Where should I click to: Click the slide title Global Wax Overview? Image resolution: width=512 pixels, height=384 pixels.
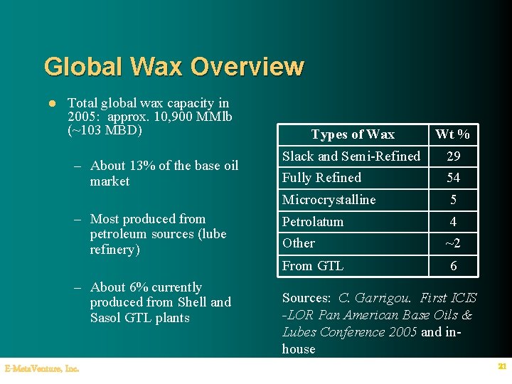point(174,67)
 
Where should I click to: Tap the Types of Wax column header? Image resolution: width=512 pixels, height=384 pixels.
point(353,134)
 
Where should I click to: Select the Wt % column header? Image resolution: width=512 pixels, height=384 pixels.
point(453,134)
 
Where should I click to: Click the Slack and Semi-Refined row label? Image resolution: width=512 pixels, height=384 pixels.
point(351,156)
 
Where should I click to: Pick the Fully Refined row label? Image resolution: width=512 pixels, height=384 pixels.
point(321,178)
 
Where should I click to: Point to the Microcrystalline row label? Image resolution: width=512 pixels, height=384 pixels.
point(329,200)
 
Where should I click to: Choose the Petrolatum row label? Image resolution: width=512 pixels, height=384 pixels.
point(313,222)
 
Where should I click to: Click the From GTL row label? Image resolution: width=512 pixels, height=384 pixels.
point(313,266)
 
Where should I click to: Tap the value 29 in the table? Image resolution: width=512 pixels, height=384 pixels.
point(453,156)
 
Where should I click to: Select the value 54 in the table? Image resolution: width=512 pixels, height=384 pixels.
point(453,178)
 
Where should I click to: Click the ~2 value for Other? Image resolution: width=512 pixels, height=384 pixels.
point(453,244)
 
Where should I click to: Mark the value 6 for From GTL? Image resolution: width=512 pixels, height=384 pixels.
point(453,266)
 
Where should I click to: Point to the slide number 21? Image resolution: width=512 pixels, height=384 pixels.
point(501,367)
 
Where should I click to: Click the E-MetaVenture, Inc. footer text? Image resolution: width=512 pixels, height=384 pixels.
point(42,368)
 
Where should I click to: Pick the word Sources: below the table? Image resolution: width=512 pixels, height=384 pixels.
point(306,298)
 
